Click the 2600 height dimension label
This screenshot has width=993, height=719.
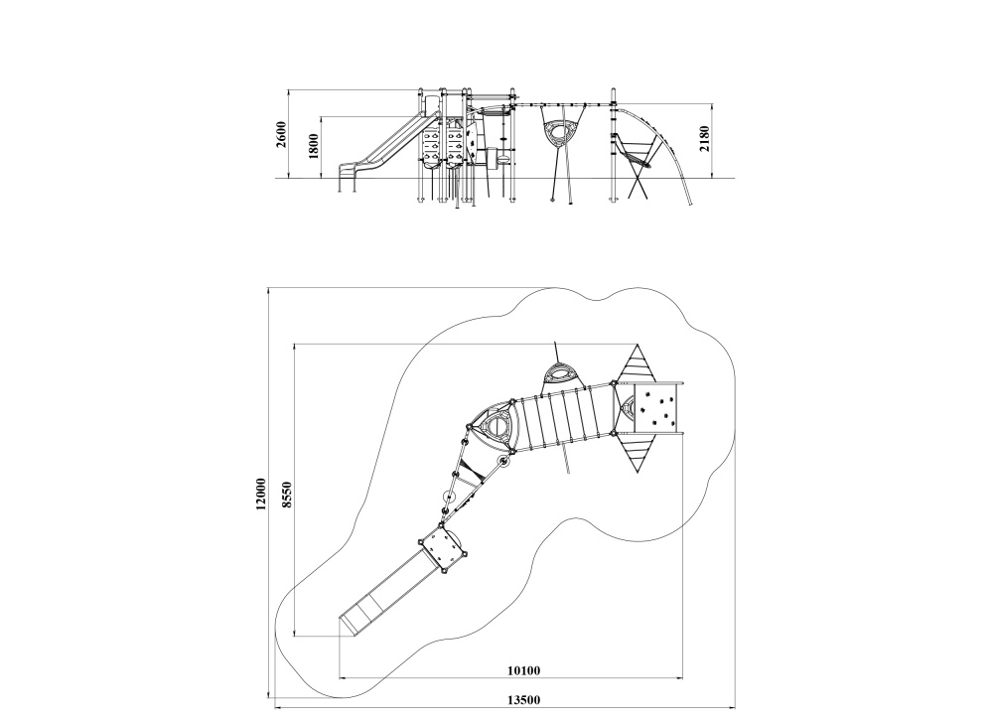[x=281, y=134]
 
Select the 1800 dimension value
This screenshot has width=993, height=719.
[x=314, y=146]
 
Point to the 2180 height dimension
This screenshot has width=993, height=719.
[x=704, y=139]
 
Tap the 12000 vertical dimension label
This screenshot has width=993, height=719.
[x=260, y=495]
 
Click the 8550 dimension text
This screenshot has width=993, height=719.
[x=287, y=495]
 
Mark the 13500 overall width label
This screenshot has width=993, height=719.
[x=523, y=700]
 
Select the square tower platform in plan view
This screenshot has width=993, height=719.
[x=443, y=548]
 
